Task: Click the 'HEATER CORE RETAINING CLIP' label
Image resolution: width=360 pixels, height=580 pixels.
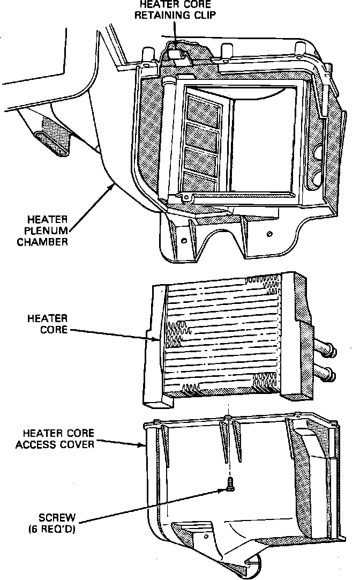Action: click(176, 10)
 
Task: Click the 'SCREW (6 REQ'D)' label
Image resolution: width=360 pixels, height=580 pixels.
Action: click(57, 524)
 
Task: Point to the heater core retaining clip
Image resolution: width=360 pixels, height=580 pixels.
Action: click(176, 53)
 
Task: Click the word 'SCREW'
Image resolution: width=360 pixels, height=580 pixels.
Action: click(57, 518)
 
